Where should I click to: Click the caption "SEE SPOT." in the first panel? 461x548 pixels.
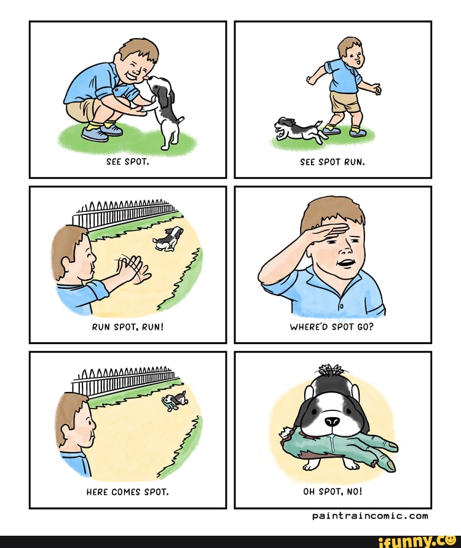(x=128, y=162)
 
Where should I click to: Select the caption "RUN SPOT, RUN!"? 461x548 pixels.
(x=128, y=327)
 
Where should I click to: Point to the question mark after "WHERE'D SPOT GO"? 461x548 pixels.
(x=371, y=327)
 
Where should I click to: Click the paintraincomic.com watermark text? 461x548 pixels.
(x=370, y=516)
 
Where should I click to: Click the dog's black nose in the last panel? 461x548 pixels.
(x=332, y=421)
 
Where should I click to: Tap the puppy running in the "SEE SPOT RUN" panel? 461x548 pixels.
(x=299, y=130)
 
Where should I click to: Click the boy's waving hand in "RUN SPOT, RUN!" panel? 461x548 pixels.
(x=135, y=270)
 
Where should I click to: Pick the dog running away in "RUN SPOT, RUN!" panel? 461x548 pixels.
(x=168, y=239)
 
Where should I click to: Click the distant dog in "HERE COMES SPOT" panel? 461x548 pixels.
(x=174, y=400)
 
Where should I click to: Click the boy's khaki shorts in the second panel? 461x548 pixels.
(x=345, y=101)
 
